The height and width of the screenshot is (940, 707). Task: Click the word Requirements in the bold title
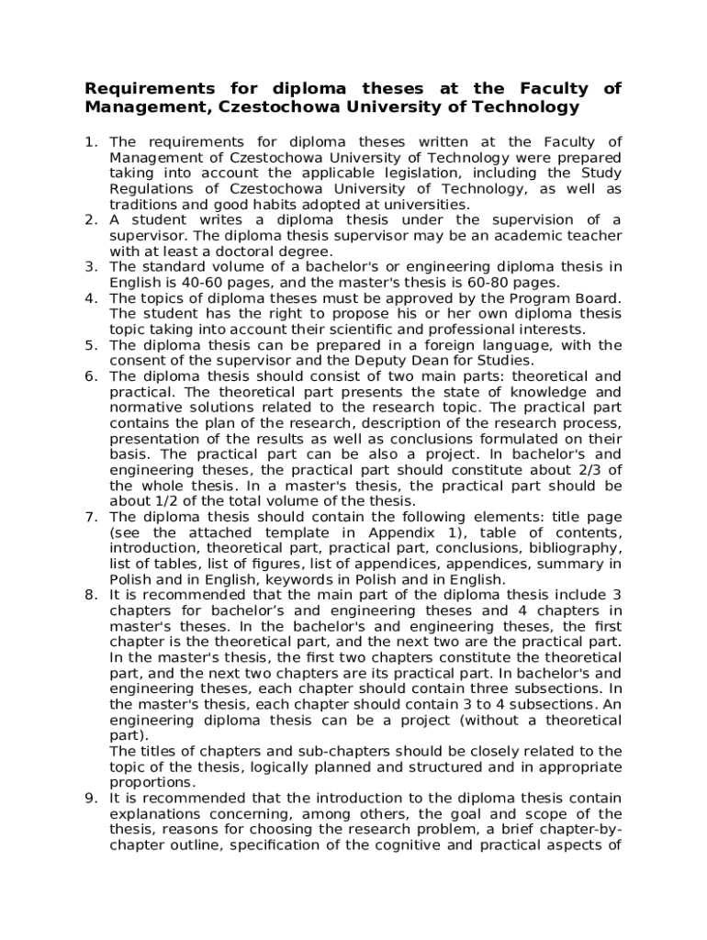click(143, 89)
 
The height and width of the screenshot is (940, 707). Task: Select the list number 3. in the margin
click(91, 266)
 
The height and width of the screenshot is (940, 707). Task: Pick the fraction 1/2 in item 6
click(167, 500)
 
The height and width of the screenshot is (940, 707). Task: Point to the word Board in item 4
click(599, 297)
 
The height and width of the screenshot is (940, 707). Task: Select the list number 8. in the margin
click(91, 595)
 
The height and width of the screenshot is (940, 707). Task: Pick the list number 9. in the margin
click(91, 798)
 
